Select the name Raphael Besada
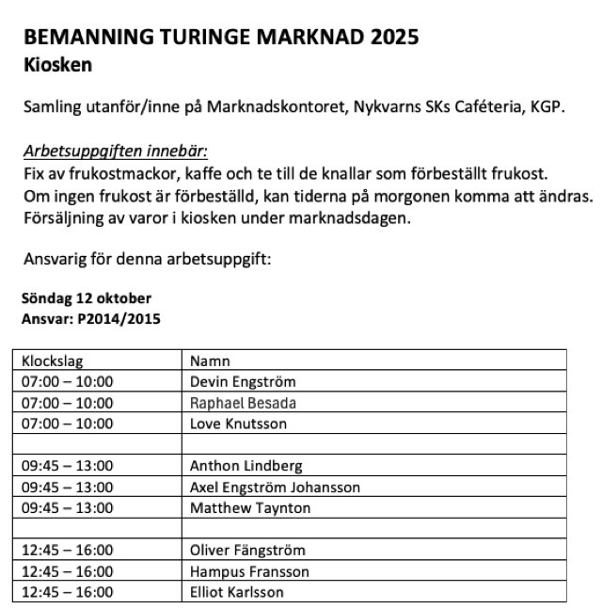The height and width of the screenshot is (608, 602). [243, 403]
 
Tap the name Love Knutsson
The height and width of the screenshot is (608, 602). [238, 424]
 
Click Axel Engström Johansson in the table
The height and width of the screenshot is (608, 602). [275, 488]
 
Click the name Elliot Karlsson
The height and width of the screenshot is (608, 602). [237, 592]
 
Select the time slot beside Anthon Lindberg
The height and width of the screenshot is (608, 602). [67, 466]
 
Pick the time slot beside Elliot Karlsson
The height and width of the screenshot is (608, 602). [67, 592]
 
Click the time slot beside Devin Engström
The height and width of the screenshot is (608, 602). [67, 382]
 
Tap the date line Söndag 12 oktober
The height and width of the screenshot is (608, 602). [86, 298]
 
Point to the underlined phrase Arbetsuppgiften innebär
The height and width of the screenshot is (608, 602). [114, 151]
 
